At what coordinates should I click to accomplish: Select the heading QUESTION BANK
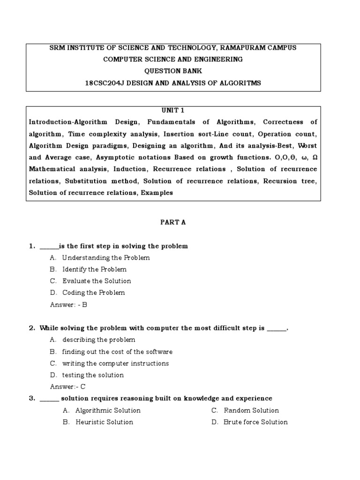(x=173, y=71)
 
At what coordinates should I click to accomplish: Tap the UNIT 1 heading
(x=173, y=110)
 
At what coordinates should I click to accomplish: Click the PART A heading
(x=173, y=222)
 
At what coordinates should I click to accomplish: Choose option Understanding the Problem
(x=106, y=258)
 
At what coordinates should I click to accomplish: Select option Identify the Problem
(x=94, y=270)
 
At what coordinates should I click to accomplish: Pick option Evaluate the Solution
(x=97, y=281)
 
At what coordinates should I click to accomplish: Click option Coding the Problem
(x=94, y=293)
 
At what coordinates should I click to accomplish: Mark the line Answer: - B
(x=68, y=305)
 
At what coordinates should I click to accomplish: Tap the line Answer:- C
(x=67, y=387)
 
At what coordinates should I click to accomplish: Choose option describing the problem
(x=98, y=340)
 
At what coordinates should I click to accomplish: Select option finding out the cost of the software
(x=117, y=352)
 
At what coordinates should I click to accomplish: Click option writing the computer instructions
(x=115, y=363)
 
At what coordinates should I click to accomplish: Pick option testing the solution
(x=93, y=375)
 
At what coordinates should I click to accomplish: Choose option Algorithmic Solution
(x=108, y=411)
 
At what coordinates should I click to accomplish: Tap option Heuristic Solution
(x=104, y=422)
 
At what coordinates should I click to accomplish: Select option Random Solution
(x=251, y=411)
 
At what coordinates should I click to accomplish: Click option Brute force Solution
(x=255, y=422)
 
